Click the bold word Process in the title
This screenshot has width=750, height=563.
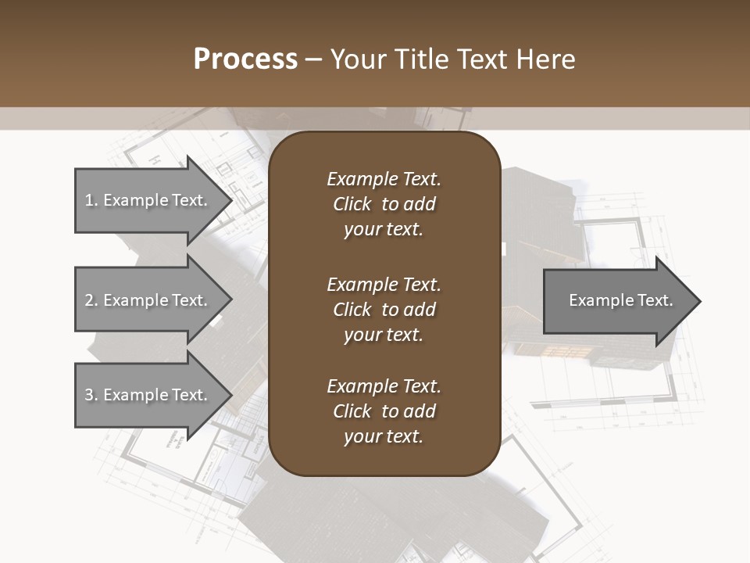pos(245,59)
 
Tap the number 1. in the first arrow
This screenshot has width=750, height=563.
pos(91,200)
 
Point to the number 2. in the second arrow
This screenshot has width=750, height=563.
pos(91,300)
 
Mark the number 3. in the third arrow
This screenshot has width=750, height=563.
pos(91,395)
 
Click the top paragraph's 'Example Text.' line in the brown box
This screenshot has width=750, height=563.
pos(384,179)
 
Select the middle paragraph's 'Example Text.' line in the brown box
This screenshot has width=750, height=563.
pos(384,285)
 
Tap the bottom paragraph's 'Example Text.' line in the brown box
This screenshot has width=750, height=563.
pos(384,386)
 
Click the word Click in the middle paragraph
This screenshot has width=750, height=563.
pos(352,310)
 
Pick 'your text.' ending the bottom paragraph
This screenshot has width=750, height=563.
pos(384,437)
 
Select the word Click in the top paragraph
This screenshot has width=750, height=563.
pos(352,204)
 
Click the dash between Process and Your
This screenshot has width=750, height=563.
pos(314,60)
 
